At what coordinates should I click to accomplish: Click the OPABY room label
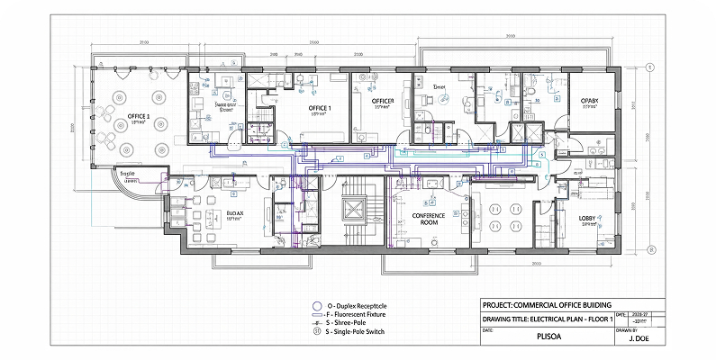point(590,101)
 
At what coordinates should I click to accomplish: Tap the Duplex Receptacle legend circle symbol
point(316,306)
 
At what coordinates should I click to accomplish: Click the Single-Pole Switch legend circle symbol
point(316,332)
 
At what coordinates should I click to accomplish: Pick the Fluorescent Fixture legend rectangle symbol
point(316,315)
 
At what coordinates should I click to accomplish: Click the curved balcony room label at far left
point(126,177)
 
